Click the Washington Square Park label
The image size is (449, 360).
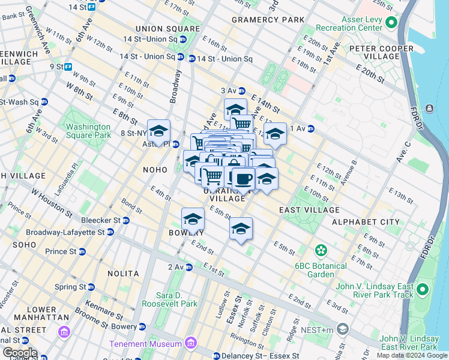tap(88, 131)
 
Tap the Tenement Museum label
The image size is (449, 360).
tap(145, 344)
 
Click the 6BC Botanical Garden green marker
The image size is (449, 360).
tap(321, 250)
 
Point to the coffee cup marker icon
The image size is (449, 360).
tap(243, 178)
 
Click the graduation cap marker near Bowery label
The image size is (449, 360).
tap(193, 218)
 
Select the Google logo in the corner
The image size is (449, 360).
tap(19, 352)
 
